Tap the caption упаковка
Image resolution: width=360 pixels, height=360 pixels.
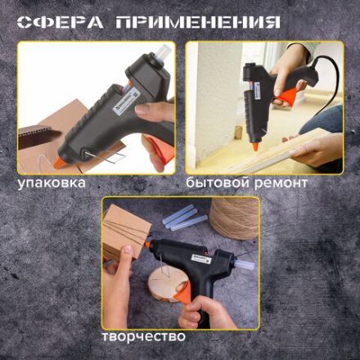pos(52,182)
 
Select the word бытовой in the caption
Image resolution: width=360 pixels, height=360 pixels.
pos(216,182)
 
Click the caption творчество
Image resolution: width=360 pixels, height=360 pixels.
pos(143,335)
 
